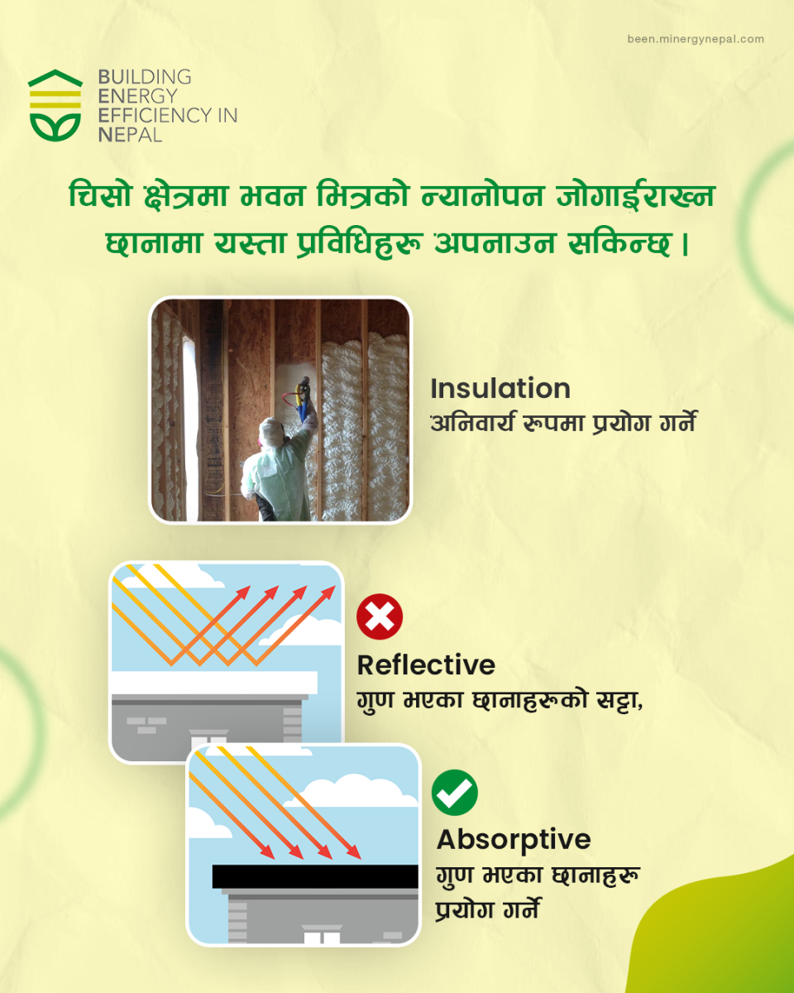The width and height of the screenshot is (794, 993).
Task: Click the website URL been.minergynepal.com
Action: click(x=696, y=39)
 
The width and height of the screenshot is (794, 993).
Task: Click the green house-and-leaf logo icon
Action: click(x=55, y=105)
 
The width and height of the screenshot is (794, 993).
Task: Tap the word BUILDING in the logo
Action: click(x=145, y=77)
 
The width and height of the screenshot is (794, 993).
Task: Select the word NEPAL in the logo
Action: click(x=130, y=135)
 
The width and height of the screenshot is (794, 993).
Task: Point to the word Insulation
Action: click(x=500, y=389)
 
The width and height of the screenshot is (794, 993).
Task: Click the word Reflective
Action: click(x=426, y=665)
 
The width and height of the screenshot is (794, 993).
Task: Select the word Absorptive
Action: click(x=514, y=839)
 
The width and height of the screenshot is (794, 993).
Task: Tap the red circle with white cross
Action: click(x=380, y=616)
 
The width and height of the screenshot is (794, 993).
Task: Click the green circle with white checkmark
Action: click(x=454, y=792)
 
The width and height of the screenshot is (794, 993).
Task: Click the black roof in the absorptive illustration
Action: click(x=315, y=876)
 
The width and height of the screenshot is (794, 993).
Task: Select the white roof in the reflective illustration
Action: click(x=214, y=683)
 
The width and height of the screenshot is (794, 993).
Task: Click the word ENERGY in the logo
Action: click(x=138, y=97)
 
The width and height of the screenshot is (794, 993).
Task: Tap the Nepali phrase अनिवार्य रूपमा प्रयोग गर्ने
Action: click(x=563, y=423)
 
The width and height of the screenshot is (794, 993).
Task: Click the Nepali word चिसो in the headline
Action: click(x=101, y=195)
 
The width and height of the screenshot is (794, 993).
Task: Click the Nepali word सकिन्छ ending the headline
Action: click(x=619, y=243)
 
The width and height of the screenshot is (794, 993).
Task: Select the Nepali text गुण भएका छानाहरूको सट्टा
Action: click(x=500, y=701)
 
